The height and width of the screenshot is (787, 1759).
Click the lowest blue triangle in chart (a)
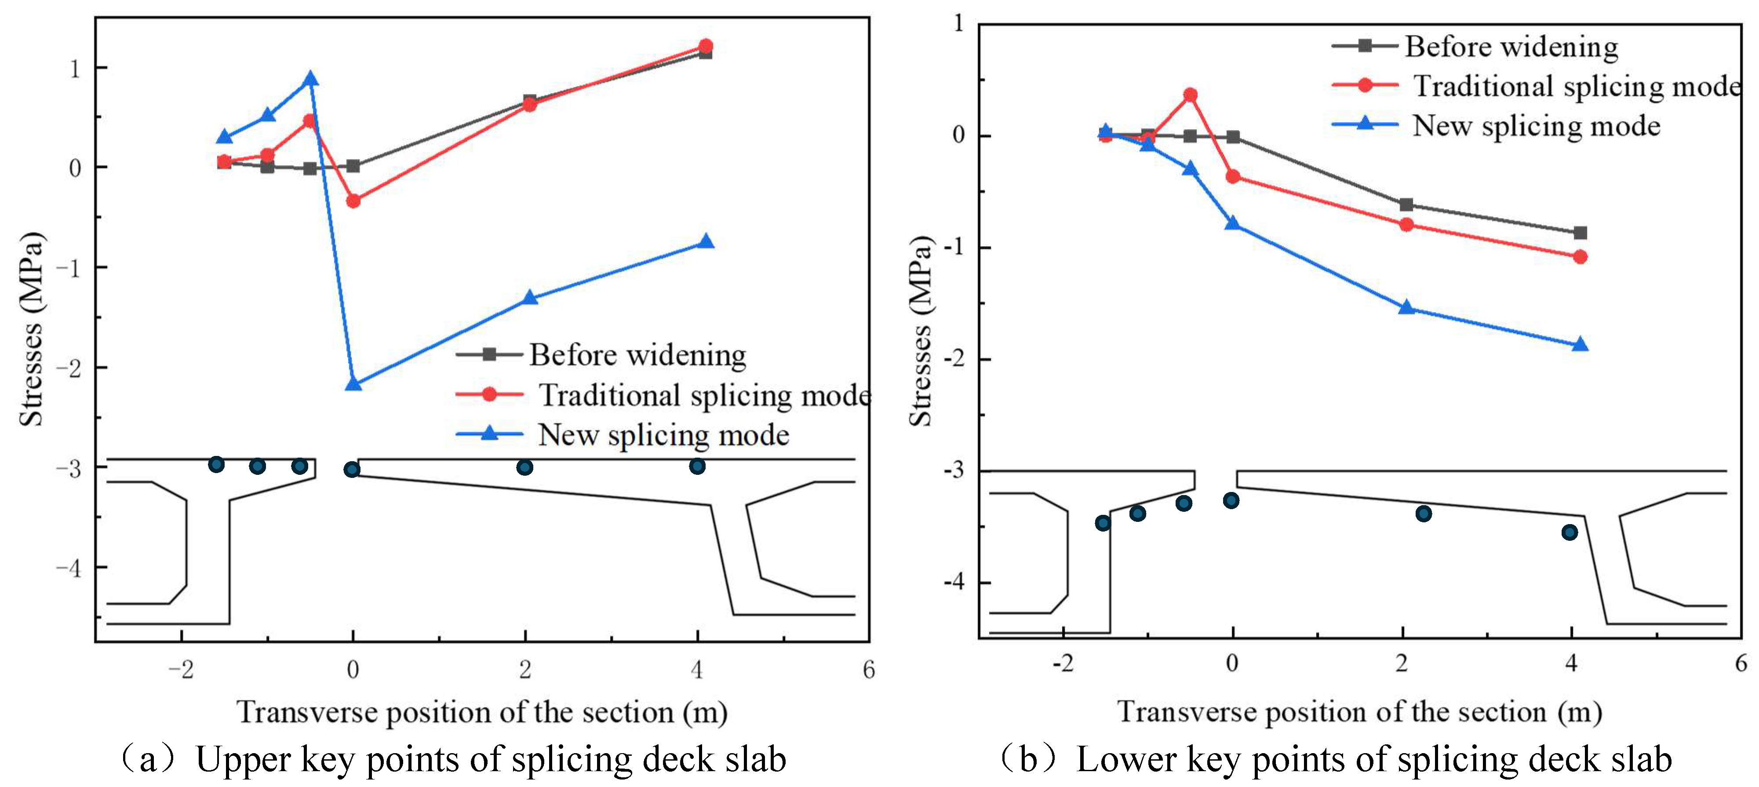(353, 384)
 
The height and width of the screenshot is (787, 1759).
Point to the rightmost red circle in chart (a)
(705, 46)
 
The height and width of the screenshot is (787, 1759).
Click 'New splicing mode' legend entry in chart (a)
(663, 434)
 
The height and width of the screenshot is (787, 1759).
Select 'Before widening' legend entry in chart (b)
(1511, 47)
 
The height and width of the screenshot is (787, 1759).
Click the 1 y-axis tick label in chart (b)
(959, 23)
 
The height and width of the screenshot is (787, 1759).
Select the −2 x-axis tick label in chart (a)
(181, 670)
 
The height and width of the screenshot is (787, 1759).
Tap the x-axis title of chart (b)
(1359, 712)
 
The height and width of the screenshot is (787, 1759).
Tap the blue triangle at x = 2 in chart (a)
(529, 298)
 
